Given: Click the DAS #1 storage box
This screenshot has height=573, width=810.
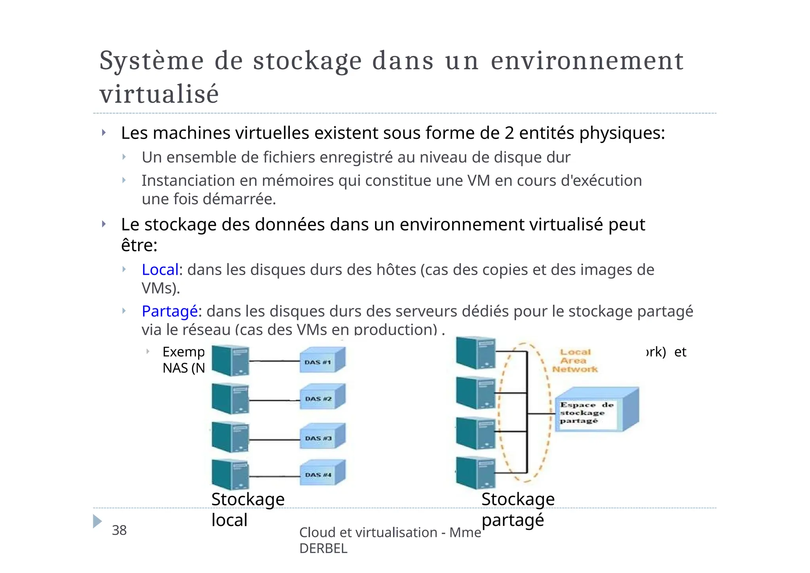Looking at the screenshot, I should click(x=322, y=360).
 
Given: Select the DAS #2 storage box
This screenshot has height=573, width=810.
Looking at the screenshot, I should click(x=322, y=397).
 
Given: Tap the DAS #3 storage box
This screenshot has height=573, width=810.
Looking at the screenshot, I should click(x=322, y=436).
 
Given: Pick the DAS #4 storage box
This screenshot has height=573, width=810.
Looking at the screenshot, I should click(x=322, y=473).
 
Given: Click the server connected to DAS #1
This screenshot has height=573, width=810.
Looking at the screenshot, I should click(x=230, y=360).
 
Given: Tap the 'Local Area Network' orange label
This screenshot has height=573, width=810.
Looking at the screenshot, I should click(x=575, y=360).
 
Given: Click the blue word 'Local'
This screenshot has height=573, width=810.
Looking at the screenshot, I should click(x=160, y=270).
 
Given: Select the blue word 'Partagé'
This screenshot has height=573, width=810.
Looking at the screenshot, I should click(x=170, y=311).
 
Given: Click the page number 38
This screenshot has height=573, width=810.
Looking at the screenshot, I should click(x=119, y=530).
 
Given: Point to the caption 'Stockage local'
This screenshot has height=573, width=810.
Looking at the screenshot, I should click(x=248, y=509).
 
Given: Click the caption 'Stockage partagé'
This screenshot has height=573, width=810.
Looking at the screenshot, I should click(x=518, y=509).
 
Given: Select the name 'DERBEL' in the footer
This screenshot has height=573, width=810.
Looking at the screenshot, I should click(x=323, y=548).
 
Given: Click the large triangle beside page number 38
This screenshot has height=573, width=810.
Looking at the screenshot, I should click(x=97, y=521).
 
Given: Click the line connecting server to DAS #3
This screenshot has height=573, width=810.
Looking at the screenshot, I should click(x=274, y=440).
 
